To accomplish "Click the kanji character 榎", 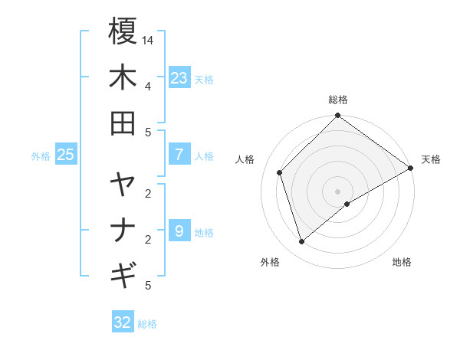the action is pos(123,31).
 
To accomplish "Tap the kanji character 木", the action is pos(123,78).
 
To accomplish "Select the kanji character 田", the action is pos(123,123).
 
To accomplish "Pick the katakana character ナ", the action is pos(123,231).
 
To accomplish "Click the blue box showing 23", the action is pos(179,77).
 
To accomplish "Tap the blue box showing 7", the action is pos(179,154).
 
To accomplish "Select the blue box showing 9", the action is pos(179,231).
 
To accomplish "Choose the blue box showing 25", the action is pos(66,155).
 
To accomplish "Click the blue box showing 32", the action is pos(123,322).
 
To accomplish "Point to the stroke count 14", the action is pos(148,40).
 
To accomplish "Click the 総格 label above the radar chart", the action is pos(338,100).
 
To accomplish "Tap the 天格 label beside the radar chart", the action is pos(431,159).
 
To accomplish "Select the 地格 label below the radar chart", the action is pos(402,262).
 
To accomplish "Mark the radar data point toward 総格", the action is pos(338,116).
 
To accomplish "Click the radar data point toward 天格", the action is pos(411,169).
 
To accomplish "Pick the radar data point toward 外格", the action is pos(301,242).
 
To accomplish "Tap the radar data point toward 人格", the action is pos(280,172).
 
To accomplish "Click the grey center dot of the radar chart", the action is pos(338,191).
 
